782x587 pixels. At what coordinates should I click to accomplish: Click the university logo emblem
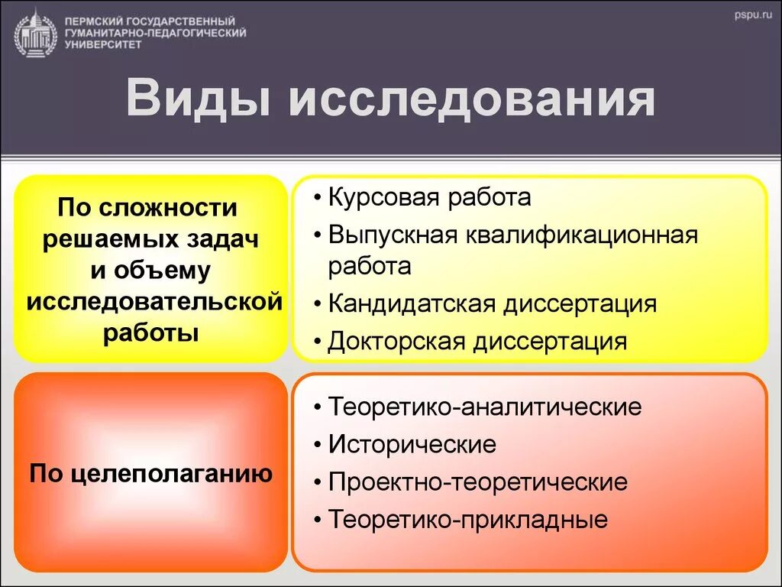(35, 32)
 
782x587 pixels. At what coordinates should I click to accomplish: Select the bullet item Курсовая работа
(429, 198)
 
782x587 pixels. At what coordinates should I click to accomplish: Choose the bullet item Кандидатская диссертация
(493, 303)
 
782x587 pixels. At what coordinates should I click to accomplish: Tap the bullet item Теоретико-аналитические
(485, 407)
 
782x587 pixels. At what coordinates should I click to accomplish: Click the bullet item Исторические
(412, 444)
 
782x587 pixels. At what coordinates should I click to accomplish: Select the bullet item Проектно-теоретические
(478, 482)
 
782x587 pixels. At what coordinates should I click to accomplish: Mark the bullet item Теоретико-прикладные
(468, 521)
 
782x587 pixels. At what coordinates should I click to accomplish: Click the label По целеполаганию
(151, 473)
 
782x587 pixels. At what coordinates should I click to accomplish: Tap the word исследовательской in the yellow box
(154, 301)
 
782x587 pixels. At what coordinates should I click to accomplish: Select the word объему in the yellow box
(169, 270)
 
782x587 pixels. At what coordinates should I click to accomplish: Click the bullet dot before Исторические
(317, 445)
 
